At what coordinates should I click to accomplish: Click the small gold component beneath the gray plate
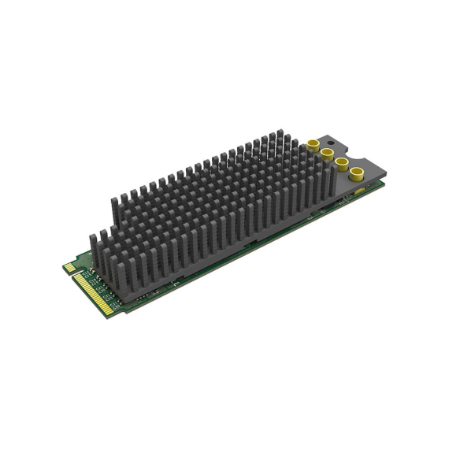click(361, 191)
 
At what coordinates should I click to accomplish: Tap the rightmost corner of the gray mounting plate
click(384, 180)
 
